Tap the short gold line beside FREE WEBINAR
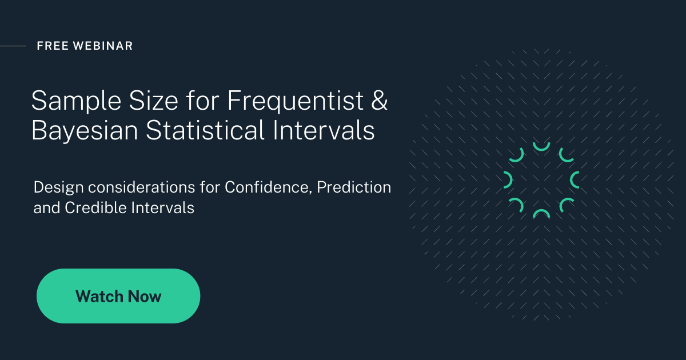(13, 46)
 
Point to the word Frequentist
(296, 101)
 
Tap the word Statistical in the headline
(205, 131)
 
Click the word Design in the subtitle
(58, 187)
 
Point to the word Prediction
(354, 187)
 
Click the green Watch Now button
(118, 296)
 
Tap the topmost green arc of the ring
(541, 146)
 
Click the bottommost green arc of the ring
(541, 214)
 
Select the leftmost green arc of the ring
(508, 180)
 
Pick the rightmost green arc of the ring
(575, 180)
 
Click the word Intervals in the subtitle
(163, 208)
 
